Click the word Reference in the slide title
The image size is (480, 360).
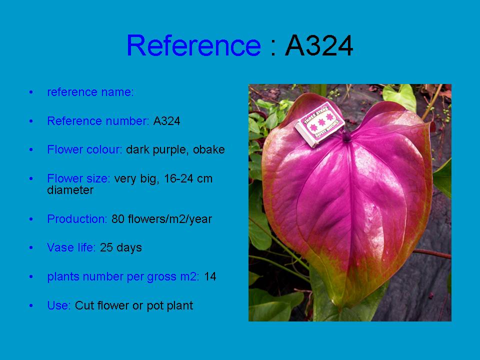193,45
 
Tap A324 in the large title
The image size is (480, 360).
319,45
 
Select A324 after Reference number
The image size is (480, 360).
166,121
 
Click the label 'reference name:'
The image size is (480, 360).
90,92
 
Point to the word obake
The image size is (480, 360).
209,149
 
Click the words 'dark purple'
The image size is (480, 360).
157,150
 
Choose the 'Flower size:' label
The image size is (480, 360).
78,178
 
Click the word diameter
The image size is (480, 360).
70,190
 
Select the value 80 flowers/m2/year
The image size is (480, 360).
161,219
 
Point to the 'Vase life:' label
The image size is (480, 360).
71,247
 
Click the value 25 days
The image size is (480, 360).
121,247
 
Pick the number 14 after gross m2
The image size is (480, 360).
210,276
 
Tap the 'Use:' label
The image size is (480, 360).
59,305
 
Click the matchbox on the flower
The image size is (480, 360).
319,125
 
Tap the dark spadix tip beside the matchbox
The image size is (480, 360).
346,136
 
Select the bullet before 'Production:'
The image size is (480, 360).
31,219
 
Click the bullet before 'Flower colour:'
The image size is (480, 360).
31,149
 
